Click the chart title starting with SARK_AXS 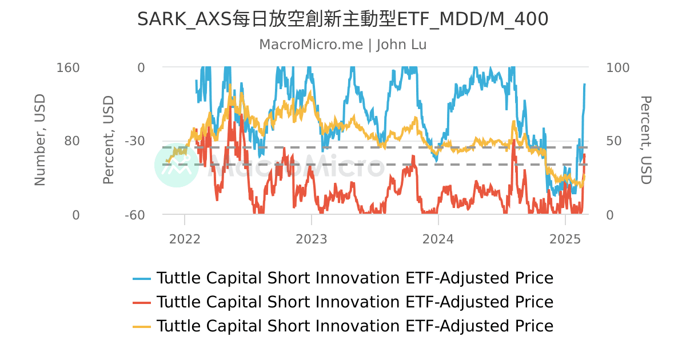[x=343, y=19]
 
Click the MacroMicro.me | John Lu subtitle [x=343, y=45]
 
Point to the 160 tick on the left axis [x=68, y=67]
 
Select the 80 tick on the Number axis [x=71, y=141]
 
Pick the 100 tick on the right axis [x=617, y=67]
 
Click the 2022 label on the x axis [x=185, y=239]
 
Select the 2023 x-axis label [x=312, y=239]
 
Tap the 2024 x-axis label [x=438, y=239]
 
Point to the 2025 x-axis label [x=565, y=239]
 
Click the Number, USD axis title [x=39, y=140]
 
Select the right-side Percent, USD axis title [x=645, y=140]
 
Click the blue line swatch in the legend [x=142, y=279]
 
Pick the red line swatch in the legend [x=142, y=302]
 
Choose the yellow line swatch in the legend [x=142, y=326]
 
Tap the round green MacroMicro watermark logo [x=176, y=165]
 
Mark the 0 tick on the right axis [x=610, y=215]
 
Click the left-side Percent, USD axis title [x=109, y=140]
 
